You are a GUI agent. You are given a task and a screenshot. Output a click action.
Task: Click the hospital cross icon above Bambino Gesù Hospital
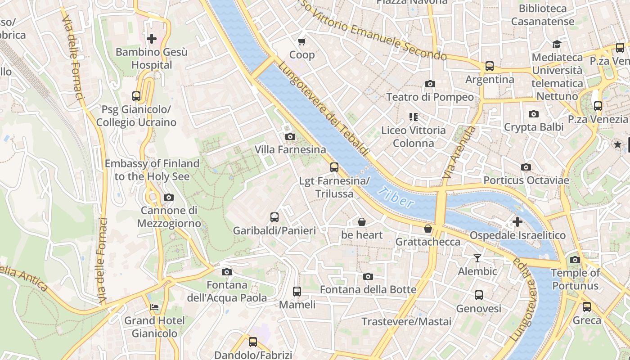click(x=152, y=39)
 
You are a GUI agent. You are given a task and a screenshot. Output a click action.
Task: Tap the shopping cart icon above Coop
click(x=302, y=42)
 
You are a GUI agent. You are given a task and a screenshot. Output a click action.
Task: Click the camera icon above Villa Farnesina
click(x=290, y=136)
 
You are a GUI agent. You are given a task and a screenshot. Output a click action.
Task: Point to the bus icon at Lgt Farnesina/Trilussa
click(x=334, y=167)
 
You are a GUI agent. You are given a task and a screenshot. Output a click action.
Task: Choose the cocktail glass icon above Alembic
click(x=477, y=258)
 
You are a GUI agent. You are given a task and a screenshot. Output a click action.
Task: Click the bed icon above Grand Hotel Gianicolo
click(x=154, y=308)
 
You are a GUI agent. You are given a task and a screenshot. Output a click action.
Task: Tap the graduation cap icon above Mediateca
click(x=557, y=44)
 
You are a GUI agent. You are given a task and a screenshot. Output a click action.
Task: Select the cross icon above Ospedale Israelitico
click(x=517, y=222)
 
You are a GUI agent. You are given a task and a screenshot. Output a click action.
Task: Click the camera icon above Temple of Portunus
click(x=575, y=260)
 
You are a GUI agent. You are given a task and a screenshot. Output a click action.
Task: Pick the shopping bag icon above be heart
click(x=362, y=222)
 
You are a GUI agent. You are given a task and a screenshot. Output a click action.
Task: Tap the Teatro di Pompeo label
click(x=430, y=97)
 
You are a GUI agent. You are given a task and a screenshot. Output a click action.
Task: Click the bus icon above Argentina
click(x=490, y=67)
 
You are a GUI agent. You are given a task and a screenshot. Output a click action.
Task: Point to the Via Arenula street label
click(x=459, y=152)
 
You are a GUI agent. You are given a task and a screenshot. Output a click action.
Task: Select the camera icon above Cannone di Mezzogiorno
click(x=169, y=197)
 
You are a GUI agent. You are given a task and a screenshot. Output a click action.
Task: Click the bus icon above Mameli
click(x=297, y=292)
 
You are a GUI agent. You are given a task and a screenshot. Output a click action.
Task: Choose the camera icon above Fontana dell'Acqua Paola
click(x=227, y=272)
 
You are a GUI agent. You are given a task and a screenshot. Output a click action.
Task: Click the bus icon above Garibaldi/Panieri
click(x=274, y=218)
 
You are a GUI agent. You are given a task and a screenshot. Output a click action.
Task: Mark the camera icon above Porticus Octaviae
click(x=526, y=167)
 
